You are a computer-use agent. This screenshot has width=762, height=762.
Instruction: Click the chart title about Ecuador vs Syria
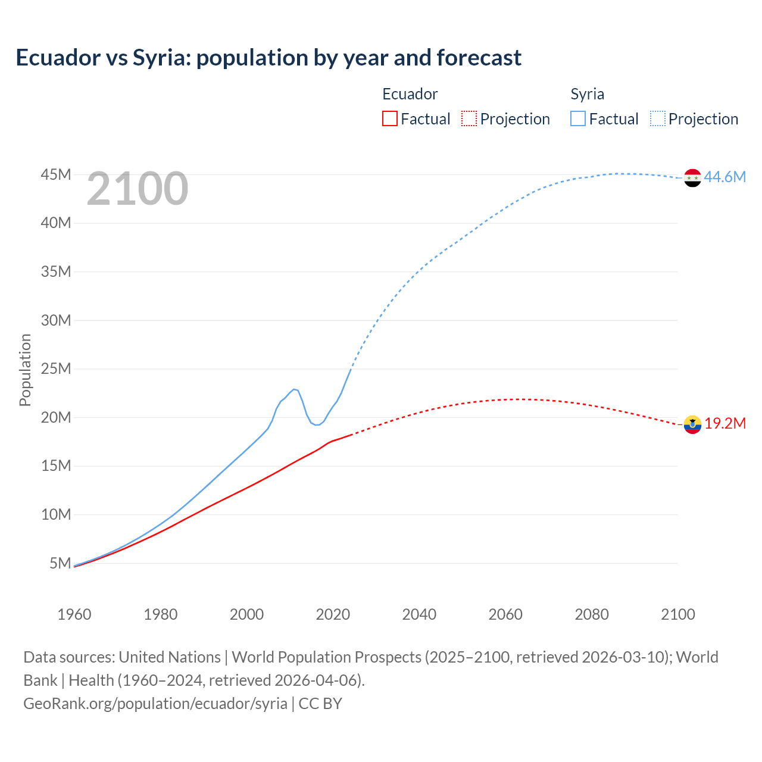[268, 58]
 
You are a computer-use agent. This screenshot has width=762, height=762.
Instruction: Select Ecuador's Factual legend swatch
[390, 118]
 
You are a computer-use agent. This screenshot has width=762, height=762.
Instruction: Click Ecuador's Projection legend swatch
[469, 118]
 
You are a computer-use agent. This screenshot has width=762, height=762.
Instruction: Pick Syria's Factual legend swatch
[578, 118]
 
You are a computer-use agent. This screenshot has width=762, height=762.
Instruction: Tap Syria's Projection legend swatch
[658, 118]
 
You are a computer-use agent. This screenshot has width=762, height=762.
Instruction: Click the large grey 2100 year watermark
[138, 189]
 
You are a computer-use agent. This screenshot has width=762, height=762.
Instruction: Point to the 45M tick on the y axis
[56, 174]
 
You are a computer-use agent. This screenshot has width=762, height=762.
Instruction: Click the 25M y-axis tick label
[56, 368]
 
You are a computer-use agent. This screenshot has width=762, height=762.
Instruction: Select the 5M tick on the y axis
[60, 563]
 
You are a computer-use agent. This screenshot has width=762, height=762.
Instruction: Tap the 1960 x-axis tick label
[74, 614]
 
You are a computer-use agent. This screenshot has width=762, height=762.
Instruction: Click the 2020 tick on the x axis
[333, 614]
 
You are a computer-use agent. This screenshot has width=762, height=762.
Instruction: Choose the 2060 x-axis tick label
[505, 614]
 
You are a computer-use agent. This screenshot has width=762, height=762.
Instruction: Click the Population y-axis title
[25, 370]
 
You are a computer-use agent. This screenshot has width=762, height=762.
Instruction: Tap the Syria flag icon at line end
[692, 177]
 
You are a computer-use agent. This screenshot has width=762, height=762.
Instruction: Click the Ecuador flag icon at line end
[692, 424]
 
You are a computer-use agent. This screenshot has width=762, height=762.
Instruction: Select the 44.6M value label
[724, 177]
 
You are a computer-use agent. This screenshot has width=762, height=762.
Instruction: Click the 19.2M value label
[725, 424]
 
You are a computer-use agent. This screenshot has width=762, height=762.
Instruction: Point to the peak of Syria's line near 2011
[293, 389]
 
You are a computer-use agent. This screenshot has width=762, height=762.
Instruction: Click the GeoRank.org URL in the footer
[155, 703]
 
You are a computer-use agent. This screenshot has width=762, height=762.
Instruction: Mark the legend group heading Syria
[587, 94]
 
